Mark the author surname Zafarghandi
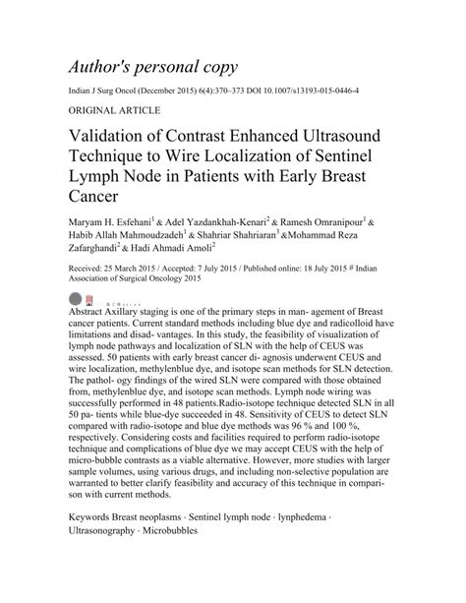(x=101, y=251)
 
